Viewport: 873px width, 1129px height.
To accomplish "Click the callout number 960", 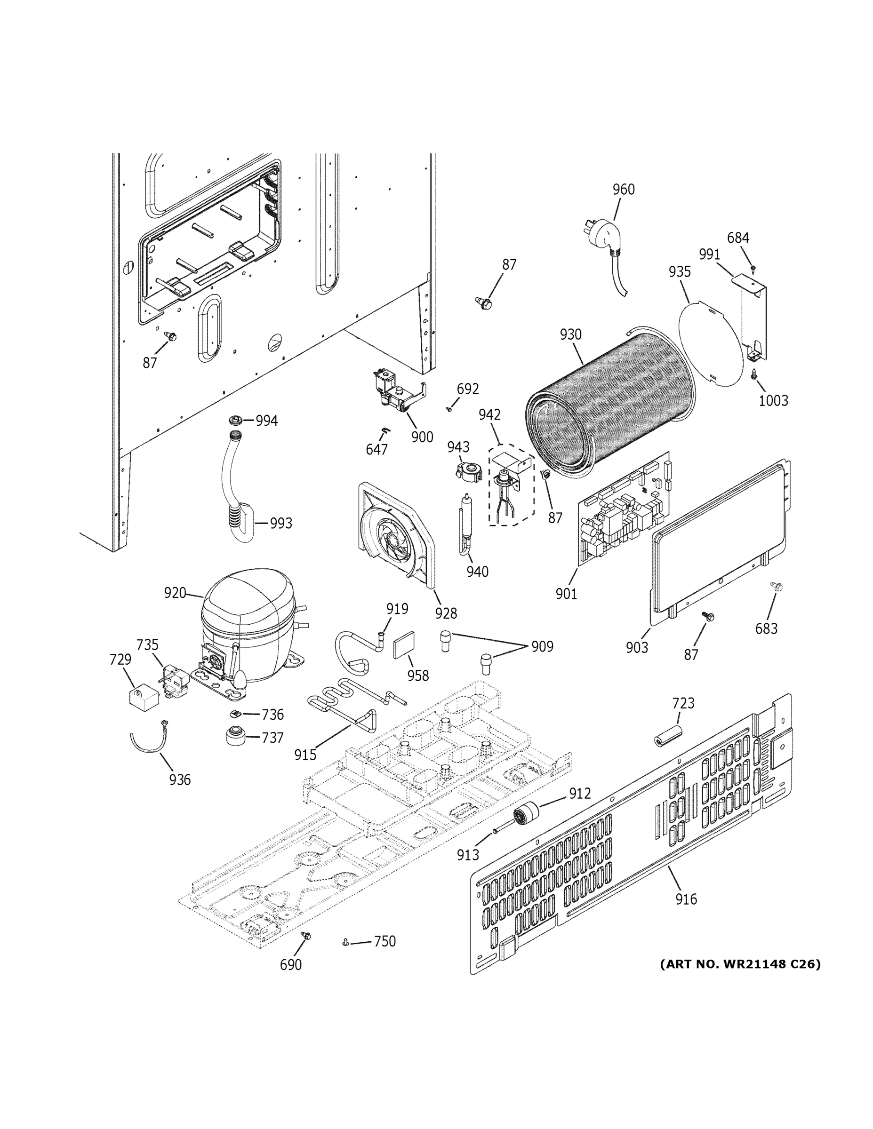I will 623,190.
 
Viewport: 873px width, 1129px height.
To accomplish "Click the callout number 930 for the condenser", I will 570,334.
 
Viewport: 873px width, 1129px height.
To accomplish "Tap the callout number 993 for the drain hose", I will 281,524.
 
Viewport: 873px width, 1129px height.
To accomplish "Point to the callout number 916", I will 686,899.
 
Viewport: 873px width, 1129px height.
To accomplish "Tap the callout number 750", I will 384,941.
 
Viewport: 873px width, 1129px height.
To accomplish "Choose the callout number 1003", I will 773,401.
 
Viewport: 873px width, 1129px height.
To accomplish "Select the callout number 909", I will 542,647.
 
